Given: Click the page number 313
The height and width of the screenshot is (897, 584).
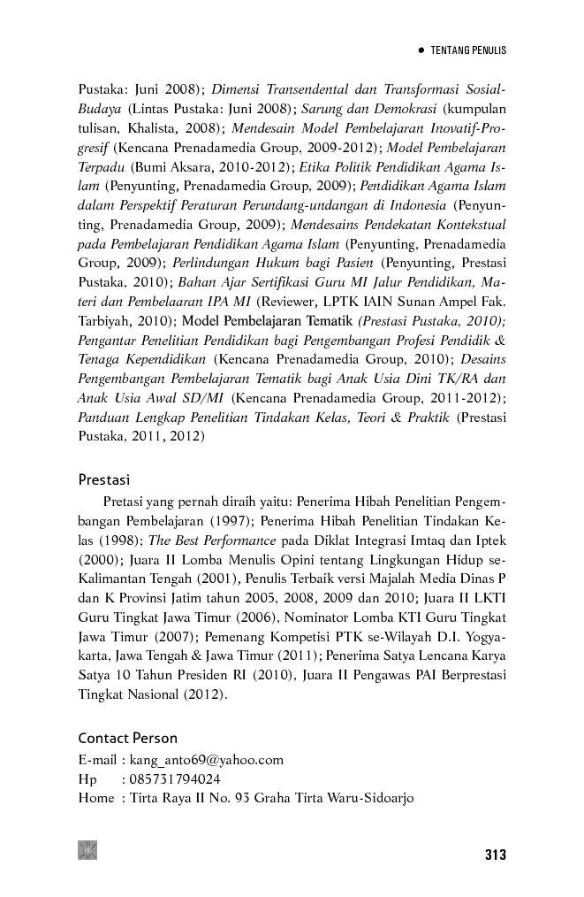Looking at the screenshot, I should pyautogui.click(x=495, y=855).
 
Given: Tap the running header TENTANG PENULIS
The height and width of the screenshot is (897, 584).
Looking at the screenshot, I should pyautogui.click(x=468, y=51).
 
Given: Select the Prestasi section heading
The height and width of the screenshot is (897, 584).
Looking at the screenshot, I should pyautogui.click(x=104, y=480).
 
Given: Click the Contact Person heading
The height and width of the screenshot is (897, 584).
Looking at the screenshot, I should pyautogui.click(x=127, y=738).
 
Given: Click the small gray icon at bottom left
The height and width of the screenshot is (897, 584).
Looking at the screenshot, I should pyautogui.click(x=87, y=850).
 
